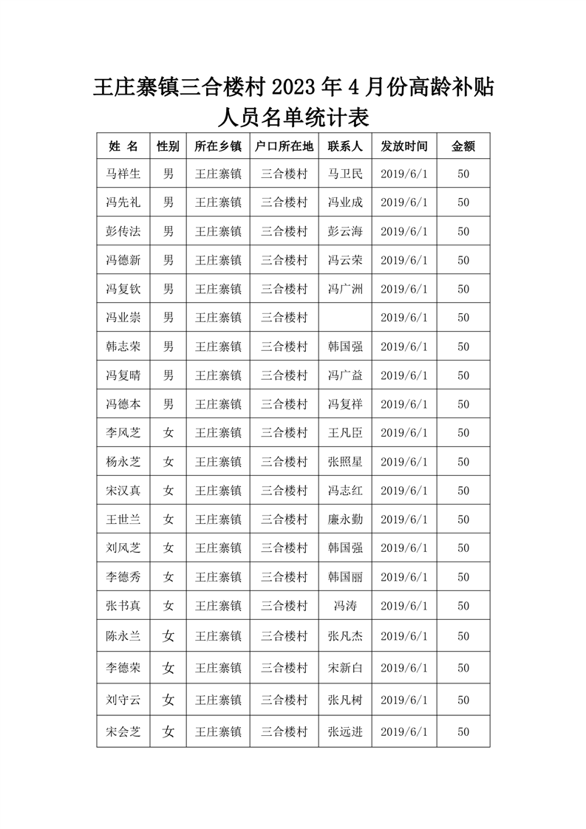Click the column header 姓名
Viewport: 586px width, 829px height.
point(123,146)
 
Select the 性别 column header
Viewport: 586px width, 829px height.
point(168,146)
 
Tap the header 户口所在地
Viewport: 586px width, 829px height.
point(284,146)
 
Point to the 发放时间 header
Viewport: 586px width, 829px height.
point(404,146)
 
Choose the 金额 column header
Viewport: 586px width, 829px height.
point(463,146)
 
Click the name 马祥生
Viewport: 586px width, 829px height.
point(123,174)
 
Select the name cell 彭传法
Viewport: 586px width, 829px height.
point(123,231)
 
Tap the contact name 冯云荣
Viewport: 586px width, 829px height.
point(345,260)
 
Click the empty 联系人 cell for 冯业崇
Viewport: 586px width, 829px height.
point(345,318)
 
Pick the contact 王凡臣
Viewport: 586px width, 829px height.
point(345,433)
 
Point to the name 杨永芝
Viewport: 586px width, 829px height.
point(123,462)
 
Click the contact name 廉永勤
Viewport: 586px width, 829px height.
point(345,519)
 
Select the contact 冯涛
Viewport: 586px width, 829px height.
point(345,606)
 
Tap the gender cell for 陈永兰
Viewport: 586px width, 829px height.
point(168,635)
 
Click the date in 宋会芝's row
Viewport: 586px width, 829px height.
point(404,732)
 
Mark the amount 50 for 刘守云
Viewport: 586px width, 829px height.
point(463,700)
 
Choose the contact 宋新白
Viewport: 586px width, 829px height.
point(345,668)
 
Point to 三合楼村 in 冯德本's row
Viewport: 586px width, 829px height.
point(284,404)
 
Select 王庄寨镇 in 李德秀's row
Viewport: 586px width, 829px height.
point(218,577)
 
